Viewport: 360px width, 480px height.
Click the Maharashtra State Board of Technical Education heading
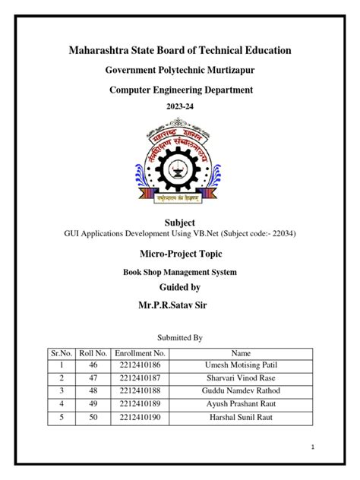(180, 50)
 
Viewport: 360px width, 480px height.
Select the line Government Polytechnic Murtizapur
(179, 71)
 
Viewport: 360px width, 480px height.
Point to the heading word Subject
(180, 222)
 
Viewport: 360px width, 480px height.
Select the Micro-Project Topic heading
(180, 251)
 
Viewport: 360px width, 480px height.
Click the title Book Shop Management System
(180, 271)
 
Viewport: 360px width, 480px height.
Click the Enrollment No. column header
(140, 353)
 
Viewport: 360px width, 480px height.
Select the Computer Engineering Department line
(180, 90)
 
